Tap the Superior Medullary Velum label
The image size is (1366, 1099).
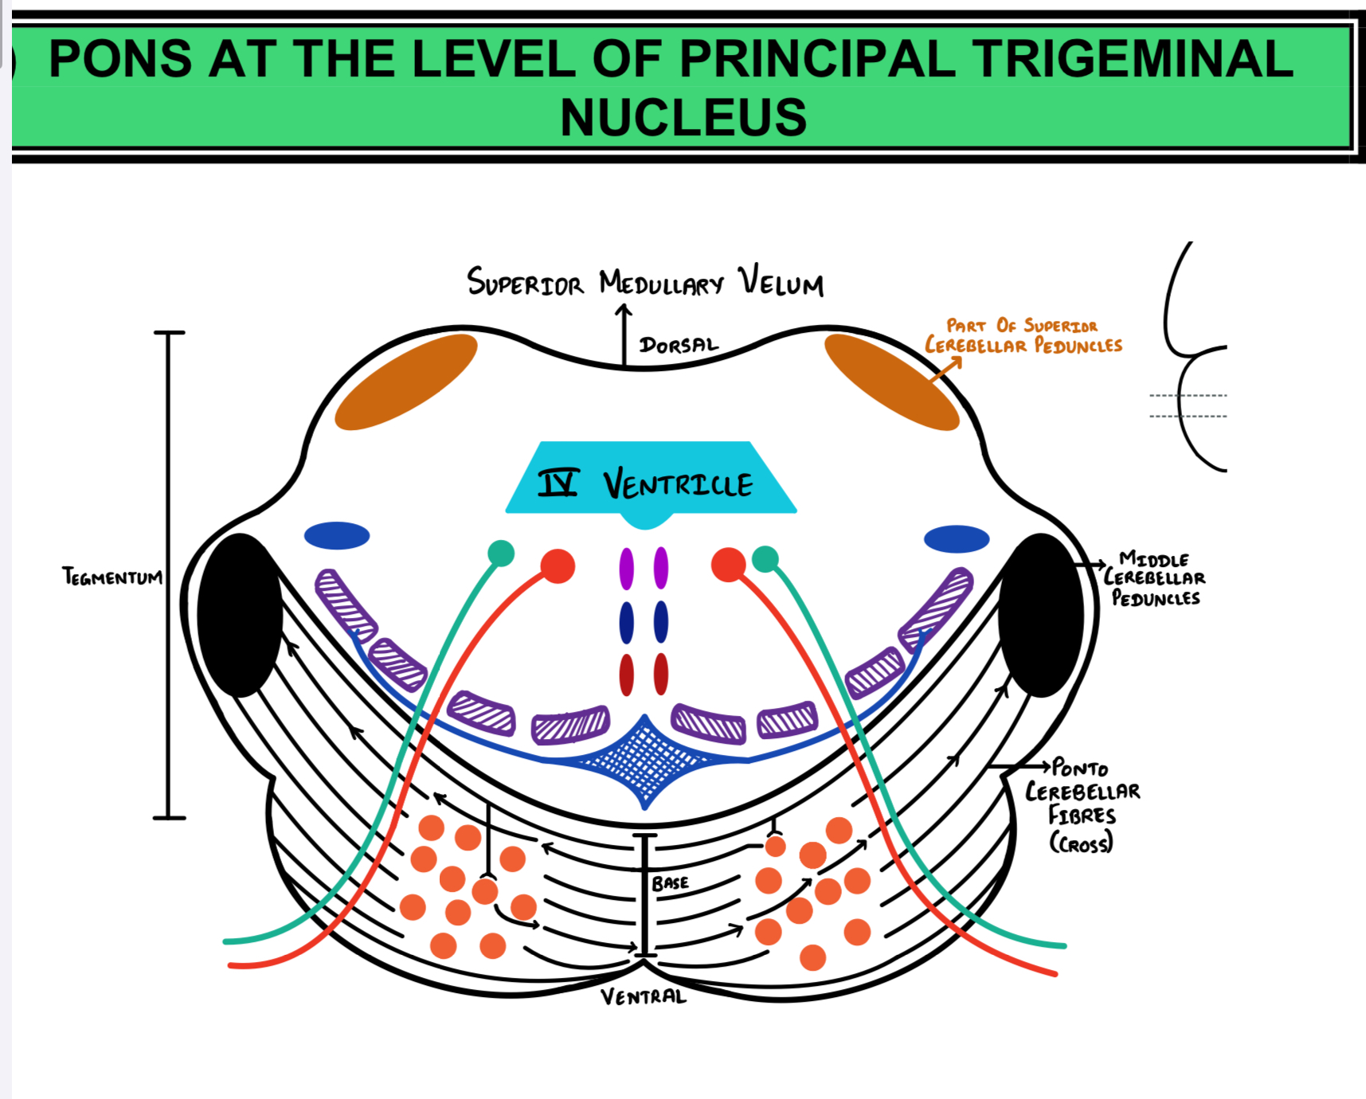[645, 283]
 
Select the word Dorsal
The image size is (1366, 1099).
[679, 345]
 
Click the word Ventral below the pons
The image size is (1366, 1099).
[643, 997]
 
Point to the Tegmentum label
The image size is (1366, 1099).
[112, 576]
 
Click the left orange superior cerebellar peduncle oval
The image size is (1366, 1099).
[405, 381]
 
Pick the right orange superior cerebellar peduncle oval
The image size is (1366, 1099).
[891, 381]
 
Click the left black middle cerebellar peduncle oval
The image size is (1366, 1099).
[240, 615]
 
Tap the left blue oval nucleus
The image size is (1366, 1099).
[337, 535]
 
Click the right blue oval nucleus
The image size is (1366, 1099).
[957, 539]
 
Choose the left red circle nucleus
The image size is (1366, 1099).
[558, 565]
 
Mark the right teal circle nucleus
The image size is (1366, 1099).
[765, 559]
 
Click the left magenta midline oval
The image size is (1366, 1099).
[627, 569]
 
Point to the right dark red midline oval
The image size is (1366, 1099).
[661, 675]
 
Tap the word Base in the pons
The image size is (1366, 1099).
[670, 883]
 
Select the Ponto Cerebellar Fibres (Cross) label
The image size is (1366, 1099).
[1082, 804]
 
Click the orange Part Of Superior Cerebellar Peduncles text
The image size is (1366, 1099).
[1024, 336]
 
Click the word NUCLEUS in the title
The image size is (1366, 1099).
[683, 117]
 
